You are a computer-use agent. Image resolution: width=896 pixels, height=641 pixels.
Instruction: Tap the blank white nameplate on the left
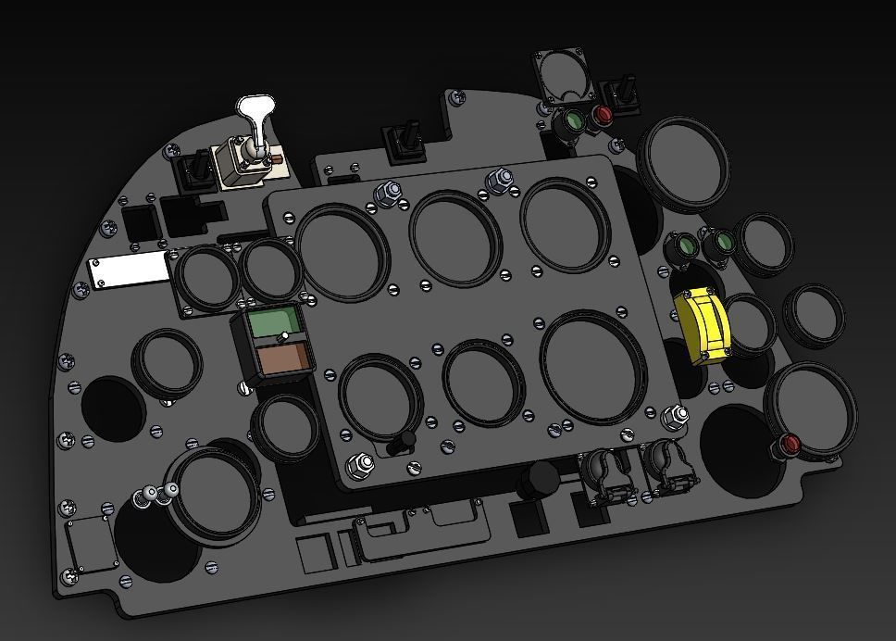pos(130,273)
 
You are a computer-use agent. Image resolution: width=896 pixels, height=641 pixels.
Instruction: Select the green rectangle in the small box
pos(277,323)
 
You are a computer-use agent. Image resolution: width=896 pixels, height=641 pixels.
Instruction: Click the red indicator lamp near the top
pos(603,117)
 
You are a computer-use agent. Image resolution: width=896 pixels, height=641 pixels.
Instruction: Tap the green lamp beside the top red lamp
pos(573,121)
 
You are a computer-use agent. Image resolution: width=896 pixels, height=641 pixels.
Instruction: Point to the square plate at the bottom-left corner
pos(91,546)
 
